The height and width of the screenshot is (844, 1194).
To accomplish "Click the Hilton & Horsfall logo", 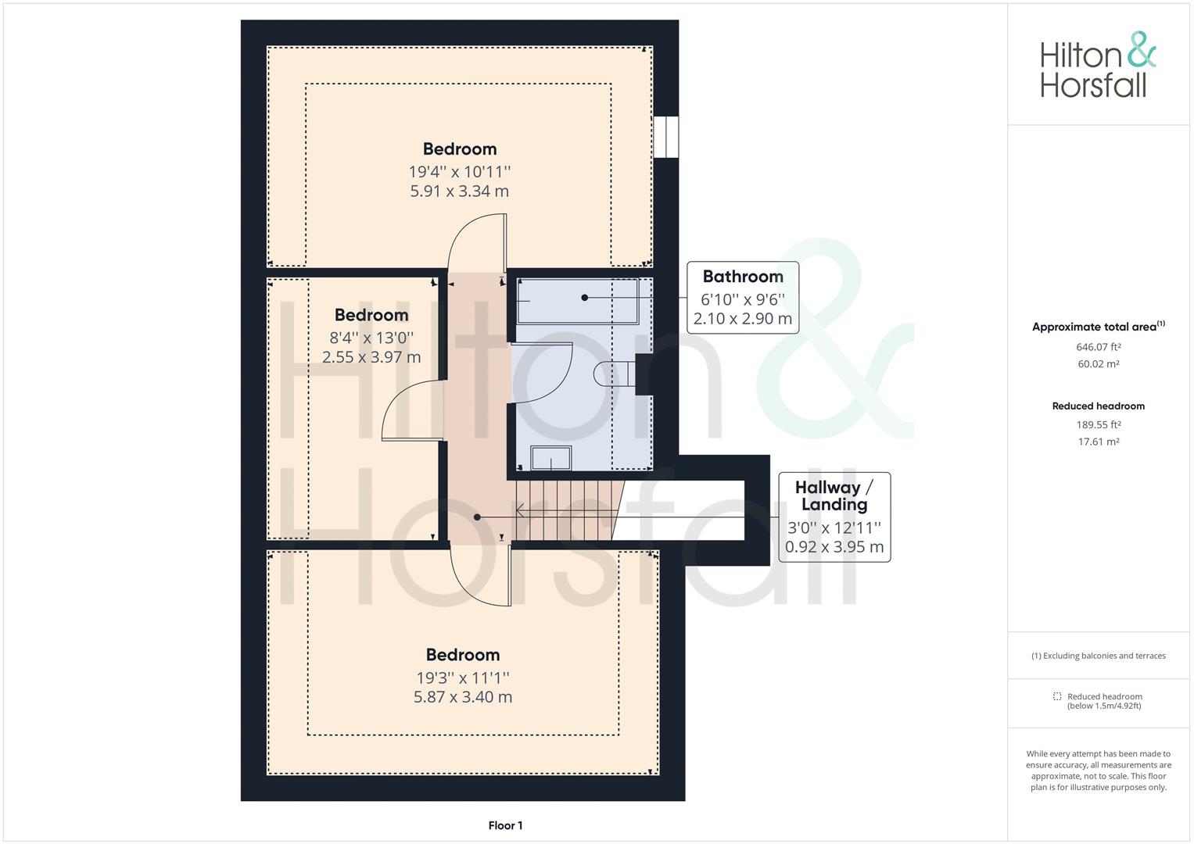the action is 1098,64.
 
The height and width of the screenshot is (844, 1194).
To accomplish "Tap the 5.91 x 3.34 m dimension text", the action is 460,191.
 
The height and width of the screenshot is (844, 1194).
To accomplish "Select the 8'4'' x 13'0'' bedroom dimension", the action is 371,338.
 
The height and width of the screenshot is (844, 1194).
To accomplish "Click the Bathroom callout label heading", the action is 743,276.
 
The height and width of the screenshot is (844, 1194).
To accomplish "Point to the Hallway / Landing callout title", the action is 834,495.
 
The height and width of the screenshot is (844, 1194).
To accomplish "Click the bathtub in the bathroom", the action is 578,301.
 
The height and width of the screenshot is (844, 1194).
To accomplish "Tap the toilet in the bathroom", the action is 614,374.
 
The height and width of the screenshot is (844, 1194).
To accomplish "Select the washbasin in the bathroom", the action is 550,458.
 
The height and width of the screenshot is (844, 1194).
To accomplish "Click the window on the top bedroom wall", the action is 665,137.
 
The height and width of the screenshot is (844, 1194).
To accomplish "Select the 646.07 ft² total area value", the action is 1098,347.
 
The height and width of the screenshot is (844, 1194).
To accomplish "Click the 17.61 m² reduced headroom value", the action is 1098,442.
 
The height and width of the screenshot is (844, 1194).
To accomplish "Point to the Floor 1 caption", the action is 505,825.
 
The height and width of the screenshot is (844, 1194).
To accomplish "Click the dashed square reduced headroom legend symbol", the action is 1057,696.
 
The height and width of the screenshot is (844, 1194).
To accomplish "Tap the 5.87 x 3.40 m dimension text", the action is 463,697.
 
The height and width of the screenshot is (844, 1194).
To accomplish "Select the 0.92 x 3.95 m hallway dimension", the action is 834,547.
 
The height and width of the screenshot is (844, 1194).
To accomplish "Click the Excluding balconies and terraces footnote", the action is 1098,656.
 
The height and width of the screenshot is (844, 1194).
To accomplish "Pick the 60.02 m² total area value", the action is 1098,364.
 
